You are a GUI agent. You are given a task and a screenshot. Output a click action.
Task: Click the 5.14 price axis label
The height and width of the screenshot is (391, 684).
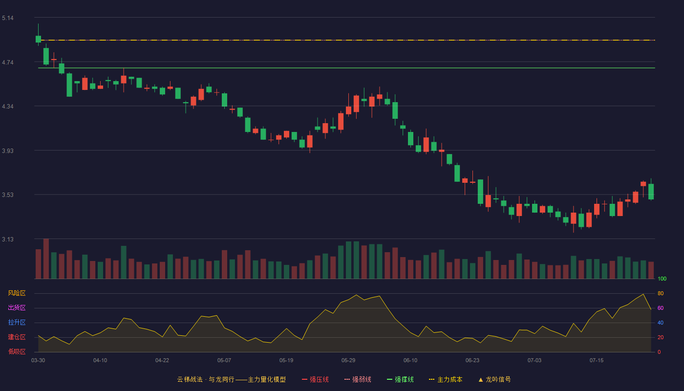pos(8,18)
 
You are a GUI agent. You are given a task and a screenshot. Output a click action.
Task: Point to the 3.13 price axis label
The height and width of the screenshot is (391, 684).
pos(8,239)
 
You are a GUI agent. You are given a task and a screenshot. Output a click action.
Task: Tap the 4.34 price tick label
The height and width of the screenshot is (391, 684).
pos(8,107)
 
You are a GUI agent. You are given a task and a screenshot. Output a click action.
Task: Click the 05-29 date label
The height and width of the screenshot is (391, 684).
pos(348,361)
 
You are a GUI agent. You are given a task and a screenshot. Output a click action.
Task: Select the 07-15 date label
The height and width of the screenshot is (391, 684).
pos(597,361)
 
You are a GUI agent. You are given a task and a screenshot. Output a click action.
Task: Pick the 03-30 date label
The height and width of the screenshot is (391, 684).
pos(38,361)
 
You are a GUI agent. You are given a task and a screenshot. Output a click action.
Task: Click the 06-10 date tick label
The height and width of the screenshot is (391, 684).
pos(410,361)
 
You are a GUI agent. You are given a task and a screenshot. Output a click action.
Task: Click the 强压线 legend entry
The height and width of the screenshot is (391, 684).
pos(315,379)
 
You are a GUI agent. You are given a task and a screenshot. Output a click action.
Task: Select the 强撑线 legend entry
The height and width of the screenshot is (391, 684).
pos(400,379)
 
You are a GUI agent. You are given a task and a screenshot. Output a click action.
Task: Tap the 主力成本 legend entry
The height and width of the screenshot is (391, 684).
pos(446,379)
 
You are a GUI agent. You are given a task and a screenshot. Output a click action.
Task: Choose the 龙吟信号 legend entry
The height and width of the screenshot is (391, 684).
pos(494,379)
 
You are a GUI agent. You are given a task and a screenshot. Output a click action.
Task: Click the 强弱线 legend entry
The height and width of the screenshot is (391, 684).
pos(358,379)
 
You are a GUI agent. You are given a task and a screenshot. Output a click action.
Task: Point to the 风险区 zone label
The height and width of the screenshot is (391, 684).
pos(17,293)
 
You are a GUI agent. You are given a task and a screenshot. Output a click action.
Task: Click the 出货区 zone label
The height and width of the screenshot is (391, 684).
pos(17,307)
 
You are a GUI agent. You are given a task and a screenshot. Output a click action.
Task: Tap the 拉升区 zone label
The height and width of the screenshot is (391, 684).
pos(17,322)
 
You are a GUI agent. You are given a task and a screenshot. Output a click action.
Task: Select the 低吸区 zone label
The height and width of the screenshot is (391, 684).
pos(17,351)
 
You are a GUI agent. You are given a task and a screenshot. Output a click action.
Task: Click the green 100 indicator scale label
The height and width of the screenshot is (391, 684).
pos(662,279)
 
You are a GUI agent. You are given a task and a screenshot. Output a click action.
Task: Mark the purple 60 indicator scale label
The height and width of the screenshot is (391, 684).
pos(661,308)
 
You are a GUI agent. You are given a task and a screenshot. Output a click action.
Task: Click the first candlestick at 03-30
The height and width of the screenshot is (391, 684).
pos(38,39)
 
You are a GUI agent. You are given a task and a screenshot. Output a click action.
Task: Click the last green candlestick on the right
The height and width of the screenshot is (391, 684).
pos(651,192)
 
